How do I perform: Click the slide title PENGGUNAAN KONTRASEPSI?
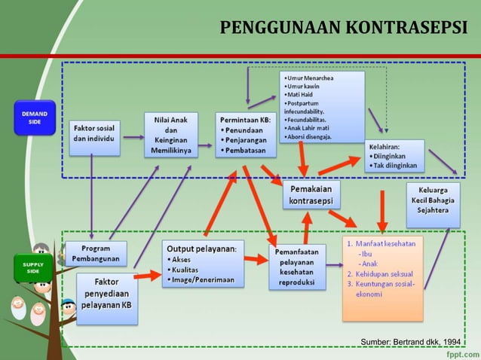pos(343,29)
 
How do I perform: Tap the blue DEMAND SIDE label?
pos(34,118)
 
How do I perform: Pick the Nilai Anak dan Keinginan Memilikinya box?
pos(171,135)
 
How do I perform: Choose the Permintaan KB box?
pos(246,135)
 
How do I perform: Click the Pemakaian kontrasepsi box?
pos(312,194)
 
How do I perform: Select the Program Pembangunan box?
pos(96,253)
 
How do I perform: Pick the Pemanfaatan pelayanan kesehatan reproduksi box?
pos(298,266)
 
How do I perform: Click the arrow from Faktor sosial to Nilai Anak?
pos(133,137)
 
